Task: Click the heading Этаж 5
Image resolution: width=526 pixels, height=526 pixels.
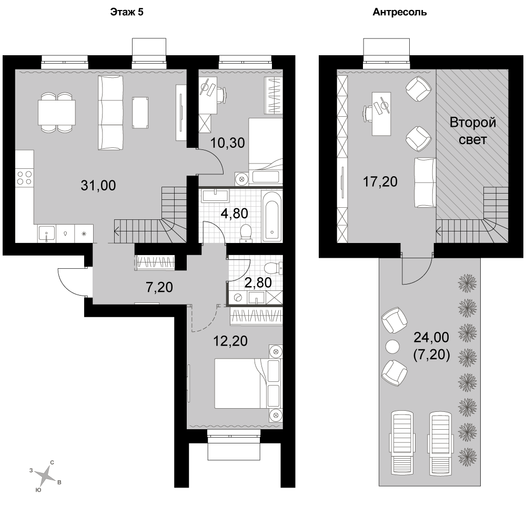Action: (x=127, y=12)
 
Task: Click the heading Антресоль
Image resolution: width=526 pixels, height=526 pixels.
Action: (x=400, y=13)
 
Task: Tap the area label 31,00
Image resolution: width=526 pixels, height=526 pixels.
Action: (x=98, y=185)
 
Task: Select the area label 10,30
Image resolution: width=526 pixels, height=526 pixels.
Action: (x=227, y=143)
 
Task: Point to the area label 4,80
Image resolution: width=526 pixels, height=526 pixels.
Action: (x=235, y=214)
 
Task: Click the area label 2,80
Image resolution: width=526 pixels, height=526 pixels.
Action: (x=258, y=282)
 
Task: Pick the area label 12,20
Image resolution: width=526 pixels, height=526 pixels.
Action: (x=230, y=341)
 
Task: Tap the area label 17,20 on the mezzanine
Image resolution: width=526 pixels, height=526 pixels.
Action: (x=380, y=181)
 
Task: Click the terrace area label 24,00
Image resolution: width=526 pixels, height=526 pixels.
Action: (x=431, y=337)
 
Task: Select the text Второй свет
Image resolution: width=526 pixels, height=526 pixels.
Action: (x=473, y=131)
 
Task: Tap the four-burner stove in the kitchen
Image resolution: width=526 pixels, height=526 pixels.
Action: (x=25, y=178)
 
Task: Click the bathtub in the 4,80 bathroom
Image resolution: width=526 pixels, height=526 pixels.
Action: (x=272, y=216)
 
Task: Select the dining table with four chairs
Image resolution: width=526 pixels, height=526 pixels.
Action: (x=56, y=112)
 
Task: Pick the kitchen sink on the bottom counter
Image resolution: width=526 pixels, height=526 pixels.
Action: (x=47, y=233)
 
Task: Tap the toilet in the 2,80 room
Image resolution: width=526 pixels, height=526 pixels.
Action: (x=272, y=268)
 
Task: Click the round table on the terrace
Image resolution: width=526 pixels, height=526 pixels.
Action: (x=392, y=347)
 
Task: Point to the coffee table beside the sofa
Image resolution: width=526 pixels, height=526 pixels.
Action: (x=140, y=113)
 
